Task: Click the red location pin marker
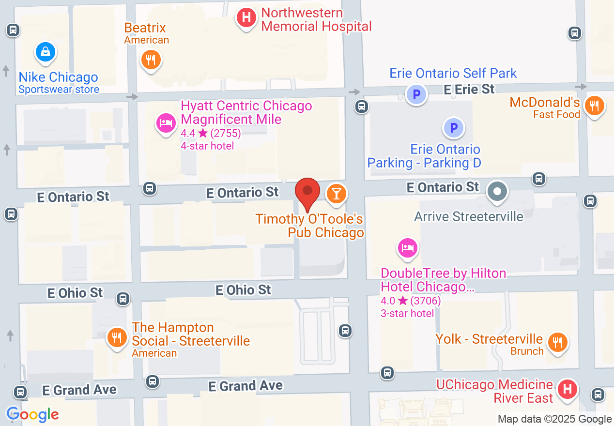point(307,192)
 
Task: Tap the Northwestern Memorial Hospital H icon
point(246,18)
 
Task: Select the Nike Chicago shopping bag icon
point(45,51)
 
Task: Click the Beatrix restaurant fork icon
point(151,61)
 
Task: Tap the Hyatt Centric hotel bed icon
point(166,122)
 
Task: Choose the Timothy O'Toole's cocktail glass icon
point(336,194)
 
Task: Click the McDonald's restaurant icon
point(594,105)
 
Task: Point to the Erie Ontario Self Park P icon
point(416,94)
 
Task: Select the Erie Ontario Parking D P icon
point(454,128)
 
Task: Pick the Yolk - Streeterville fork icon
point(558,342)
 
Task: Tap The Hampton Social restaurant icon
point(116,337)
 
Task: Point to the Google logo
point(32,414)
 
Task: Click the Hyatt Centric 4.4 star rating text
point(211,133)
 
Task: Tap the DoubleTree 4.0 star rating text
point(411,301)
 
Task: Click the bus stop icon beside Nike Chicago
point(13,30)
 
